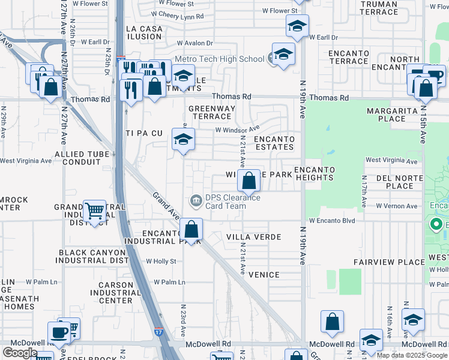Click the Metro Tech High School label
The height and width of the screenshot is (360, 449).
(x=219, y=59)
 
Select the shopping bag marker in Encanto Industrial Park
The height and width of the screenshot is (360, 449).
(x=191, y=229)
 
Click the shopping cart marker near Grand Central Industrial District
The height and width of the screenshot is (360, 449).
(x=94, y=211)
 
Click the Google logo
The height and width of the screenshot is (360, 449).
(x=20, y=353)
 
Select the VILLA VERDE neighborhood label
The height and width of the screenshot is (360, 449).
(x=253, y=237)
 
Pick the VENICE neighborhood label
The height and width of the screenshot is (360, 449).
(x=264, y=275)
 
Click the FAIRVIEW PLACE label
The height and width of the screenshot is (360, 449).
(x=389, y=262)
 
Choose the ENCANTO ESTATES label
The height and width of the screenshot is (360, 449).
(x=274, y=143)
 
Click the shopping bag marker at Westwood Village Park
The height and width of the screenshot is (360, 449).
(x=249, y=180)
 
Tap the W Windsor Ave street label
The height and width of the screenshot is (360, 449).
(x=237, y=128)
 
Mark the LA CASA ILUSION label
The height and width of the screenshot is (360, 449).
(x=144, y=32)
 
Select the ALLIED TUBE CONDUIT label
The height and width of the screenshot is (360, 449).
(x=82, y=158)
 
